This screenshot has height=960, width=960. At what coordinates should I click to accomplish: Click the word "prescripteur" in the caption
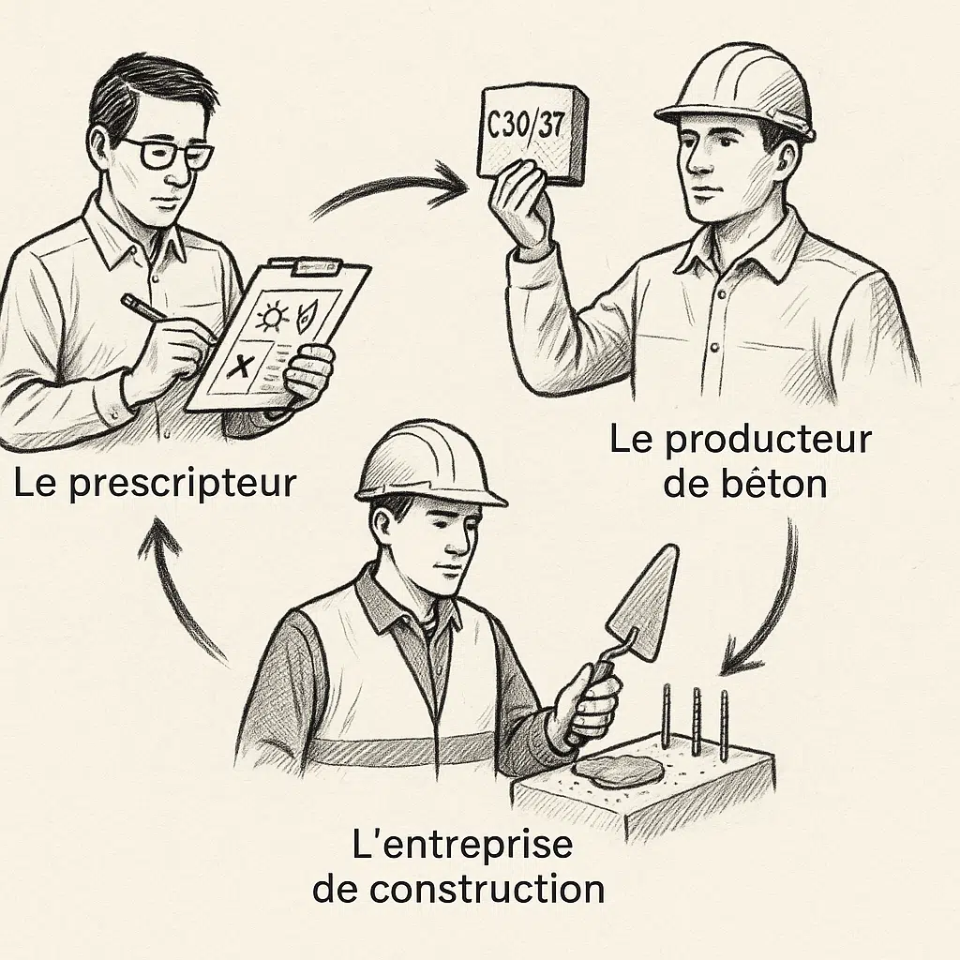183,485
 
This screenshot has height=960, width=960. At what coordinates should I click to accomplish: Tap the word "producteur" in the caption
768,441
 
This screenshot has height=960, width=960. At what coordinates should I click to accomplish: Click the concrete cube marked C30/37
531,132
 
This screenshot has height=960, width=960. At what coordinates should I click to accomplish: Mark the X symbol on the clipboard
239,367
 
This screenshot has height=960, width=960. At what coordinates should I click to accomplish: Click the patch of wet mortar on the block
621,771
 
